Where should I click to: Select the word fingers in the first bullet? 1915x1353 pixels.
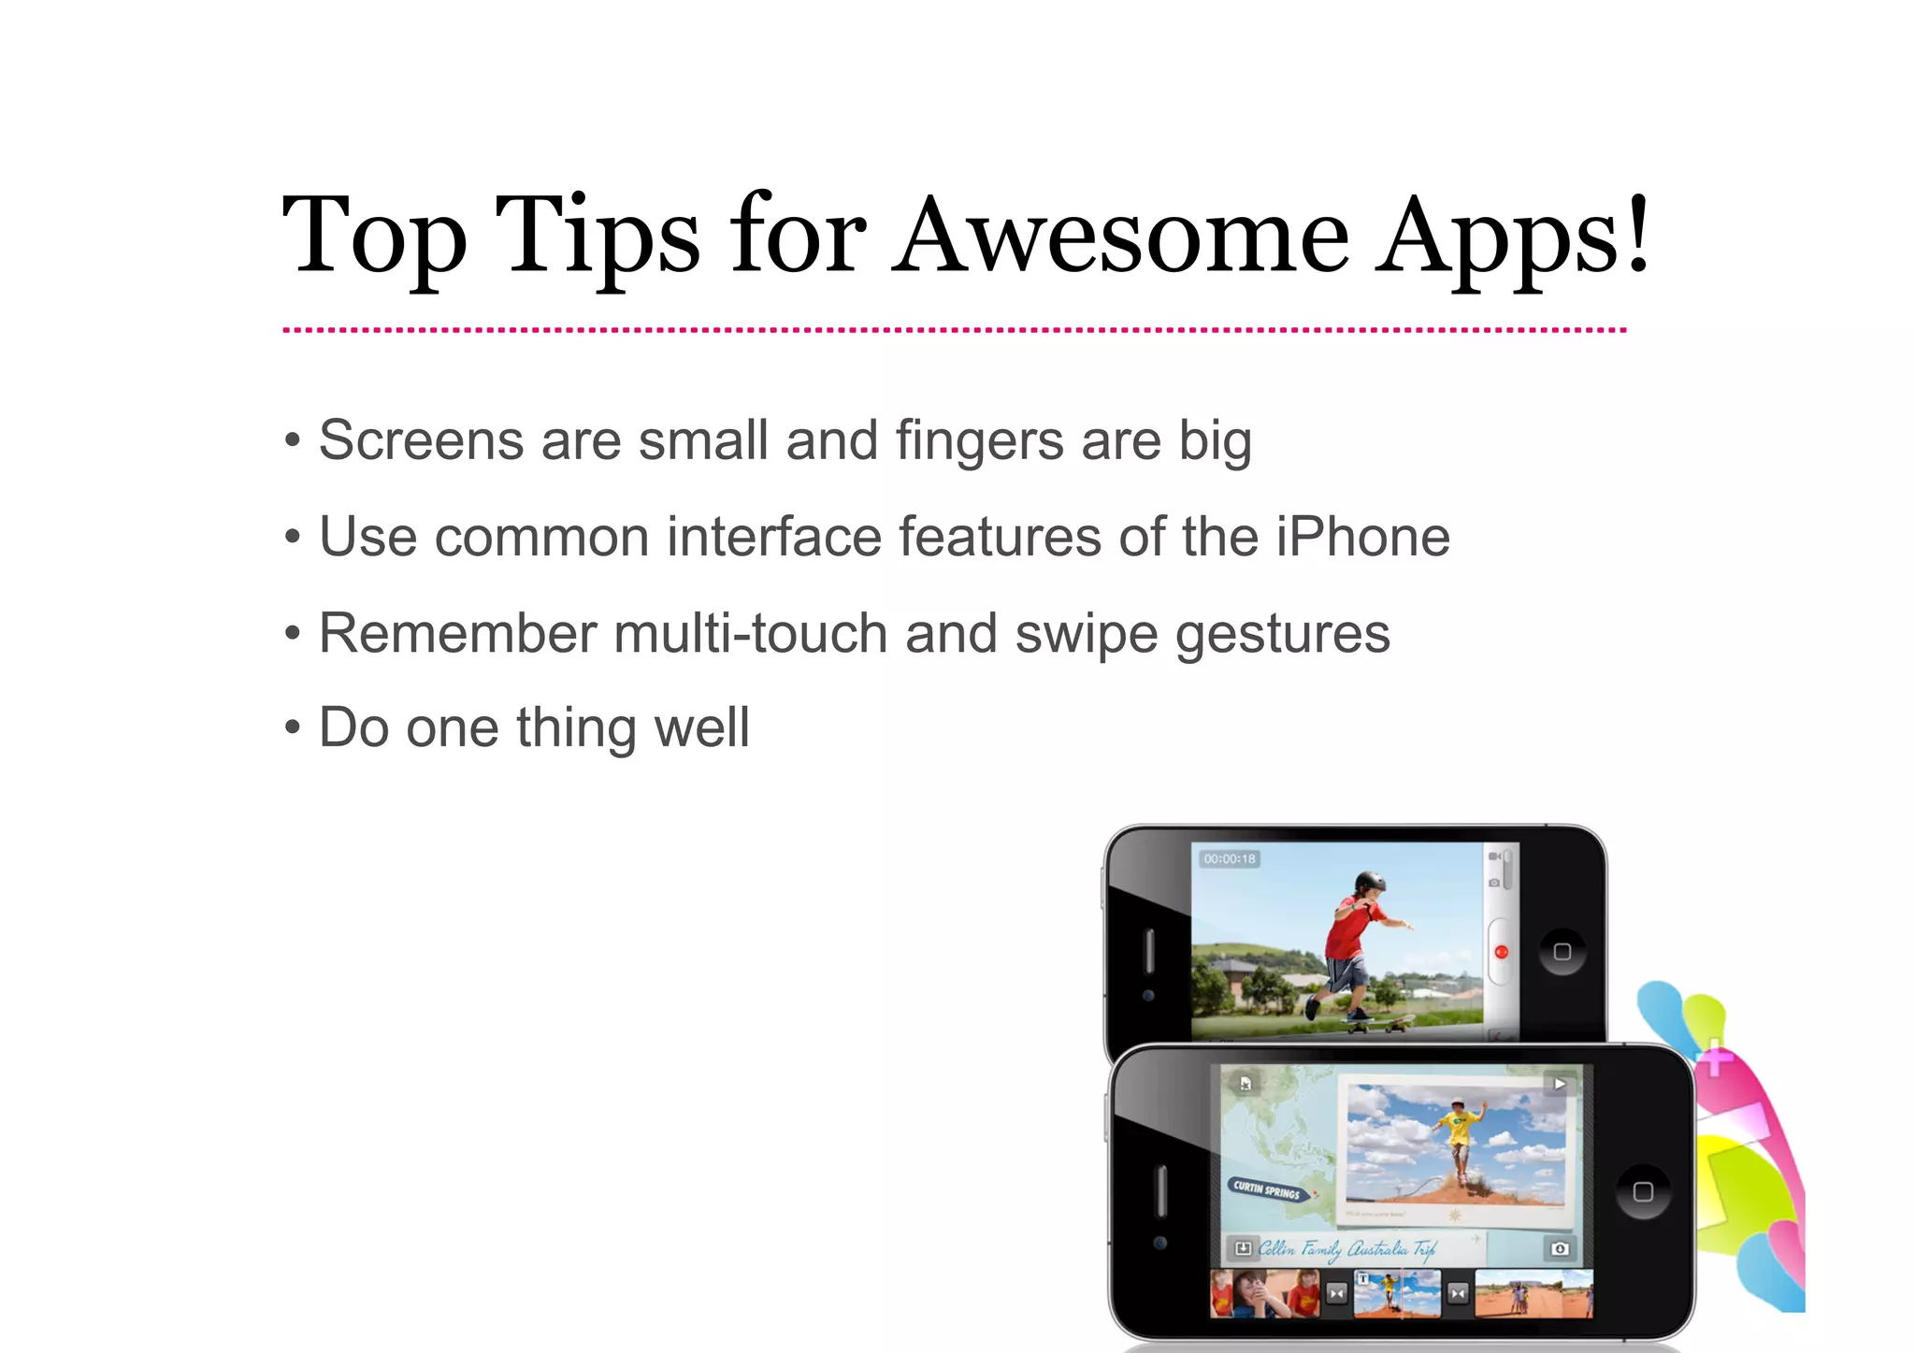(x=979, y=440)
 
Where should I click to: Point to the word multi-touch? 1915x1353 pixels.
(x=750, y=633)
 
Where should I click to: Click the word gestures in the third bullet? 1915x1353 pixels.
(x=1282, y=635)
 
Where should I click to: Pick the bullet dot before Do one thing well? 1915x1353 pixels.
(x=293, y=727)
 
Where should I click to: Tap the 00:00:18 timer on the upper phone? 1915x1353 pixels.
(x=1230, y=858)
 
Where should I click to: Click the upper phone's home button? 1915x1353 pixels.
(x=1562, y=952)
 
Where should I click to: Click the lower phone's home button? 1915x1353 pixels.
(x=1643, y=1191)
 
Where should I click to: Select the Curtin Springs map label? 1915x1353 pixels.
(x=1266, y=1189)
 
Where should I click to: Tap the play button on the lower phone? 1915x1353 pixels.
(x=1560, y=1085)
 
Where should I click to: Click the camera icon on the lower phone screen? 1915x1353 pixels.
(x=1560, y=1248)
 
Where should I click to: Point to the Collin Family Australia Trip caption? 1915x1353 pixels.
(x=1346, y=1248)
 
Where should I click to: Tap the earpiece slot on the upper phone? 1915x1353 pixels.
(x=1149, y=952)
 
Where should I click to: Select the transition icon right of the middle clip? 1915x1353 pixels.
(x=1458, y=1294)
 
